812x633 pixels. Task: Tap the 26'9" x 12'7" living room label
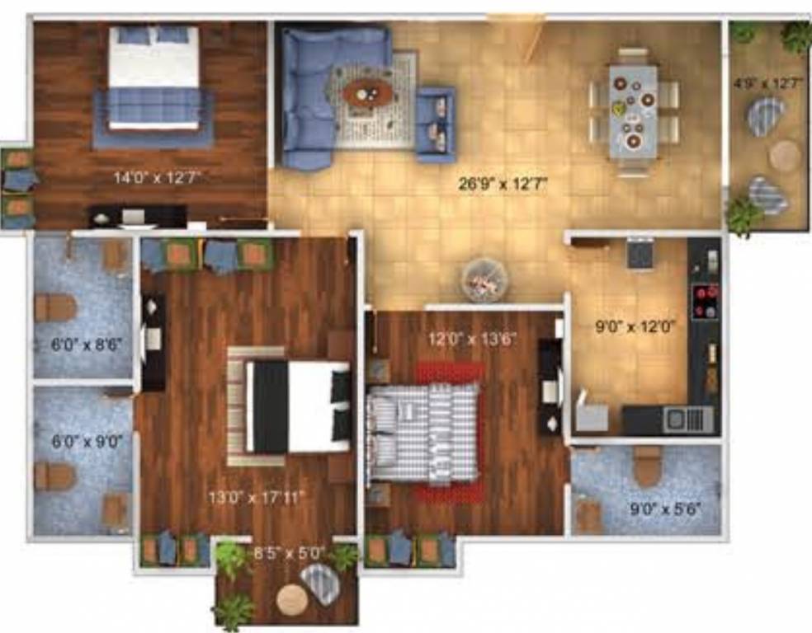tap(503, 185)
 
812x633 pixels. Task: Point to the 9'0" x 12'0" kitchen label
tap(635, 326)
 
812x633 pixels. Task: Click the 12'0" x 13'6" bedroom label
tap(472, 339)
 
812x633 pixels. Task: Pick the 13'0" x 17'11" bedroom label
tap(257, 497)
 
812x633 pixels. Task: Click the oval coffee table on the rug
tap(368, 93)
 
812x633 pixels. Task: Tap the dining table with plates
tap(634, 111)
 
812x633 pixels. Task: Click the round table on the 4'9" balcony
tap(785, 156)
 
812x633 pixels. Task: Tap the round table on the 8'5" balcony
tap(292, 600)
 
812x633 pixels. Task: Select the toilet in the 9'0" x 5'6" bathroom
tap(648, 467)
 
